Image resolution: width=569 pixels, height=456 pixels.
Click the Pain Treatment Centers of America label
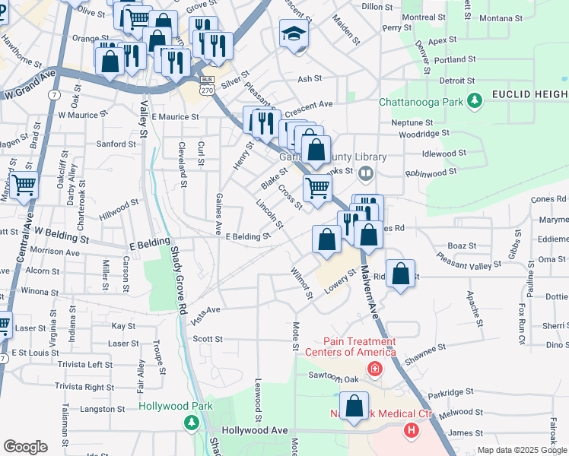coord(351,347)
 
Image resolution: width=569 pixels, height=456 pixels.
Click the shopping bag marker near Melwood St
coord(354,407)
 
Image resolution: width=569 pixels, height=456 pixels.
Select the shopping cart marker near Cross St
coord(317,187)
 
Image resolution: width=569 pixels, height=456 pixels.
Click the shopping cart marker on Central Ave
coord(24,184)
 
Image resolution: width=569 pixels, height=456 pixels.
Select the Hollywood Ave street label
coord(255,430)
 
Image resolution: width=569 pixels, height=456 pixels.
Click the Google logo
coord(25,447)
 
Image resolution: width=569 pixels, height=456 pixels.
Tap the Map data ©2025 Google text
coord(521,450)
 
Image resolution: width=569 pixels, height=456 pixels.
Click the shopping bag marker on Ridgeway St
coord(401,274)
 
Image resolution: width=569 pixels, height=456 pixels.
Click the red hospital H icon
coord(412,431)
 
